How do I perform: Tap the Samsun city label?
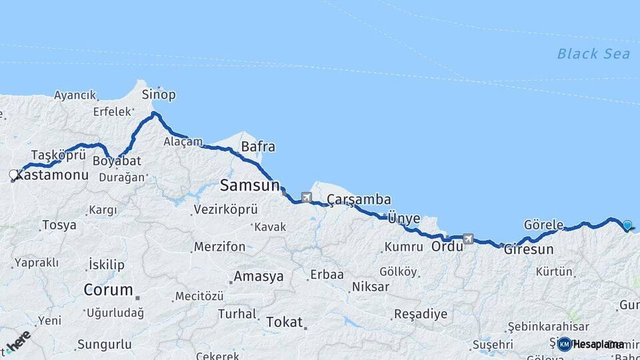tap(249, 185)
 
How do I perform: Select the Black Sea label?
tap(593, 54)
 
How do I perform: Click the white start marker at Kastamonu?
tap(13, 175)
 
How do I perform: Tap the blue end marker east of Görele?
tap(627, 225)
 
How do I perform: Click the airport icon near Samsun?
tap(306, 197)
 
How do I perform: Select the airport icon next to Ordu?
tap(469, 238)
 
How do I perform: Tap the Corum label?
tap(107, 290)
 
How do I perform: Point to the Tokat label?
tap(285, 322)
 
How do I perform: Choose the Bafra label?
tap(258, 146)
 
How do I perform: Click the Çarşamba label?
tap(359, 200)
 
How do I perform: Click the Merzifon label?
tap(219, 247)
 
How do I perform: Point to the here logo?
tap(19, 341)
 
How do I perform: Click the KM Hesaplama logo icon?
tap(565, 344)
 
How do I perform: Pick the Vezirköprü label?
tap(225, 209)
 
